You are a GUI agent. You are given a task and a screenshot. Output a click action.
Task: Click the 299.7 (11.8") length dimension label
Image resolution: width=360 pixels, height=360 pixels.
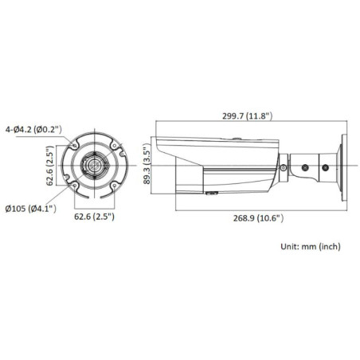(x=248, y=116)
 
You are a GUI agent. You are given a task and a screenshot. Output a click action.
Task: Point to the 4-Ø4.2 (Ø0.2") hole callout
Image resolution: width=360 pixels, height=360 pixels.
(x=38, y=127)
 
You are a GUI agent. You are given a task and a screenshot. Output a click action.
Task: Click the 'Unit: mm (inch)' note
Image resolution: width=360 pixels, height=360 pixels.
(x=313, y=248)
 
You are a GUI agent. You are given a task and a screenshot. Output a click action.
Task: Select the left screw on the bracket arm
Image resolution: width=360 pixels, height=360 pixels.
(x=306, y=167)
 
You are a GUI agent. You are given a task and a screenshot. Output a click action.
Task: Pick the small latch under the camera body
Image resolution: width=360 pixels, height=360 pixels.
(x=213, y=192)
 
